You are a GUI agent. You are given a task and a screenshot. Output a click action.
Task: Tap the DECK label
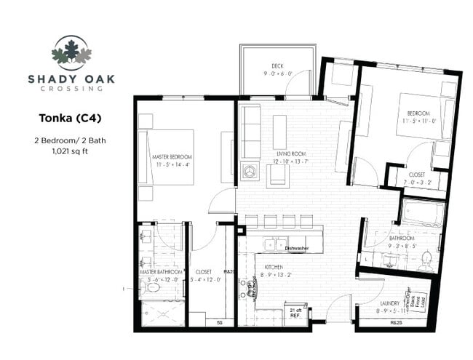277,65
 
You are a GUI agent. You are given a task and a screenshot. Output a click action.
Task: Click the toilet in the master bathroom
151,288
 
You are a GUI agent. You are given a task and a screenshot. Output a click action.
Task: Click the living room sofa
251,132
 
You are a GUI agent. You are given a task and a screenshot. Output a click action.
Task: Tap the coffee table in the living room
279,132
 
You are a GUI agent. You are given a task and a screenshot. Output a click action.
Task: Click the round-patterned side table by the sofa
250,172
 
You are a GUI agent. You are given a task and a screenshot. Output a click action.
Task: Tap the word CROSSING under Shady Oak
71,89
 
